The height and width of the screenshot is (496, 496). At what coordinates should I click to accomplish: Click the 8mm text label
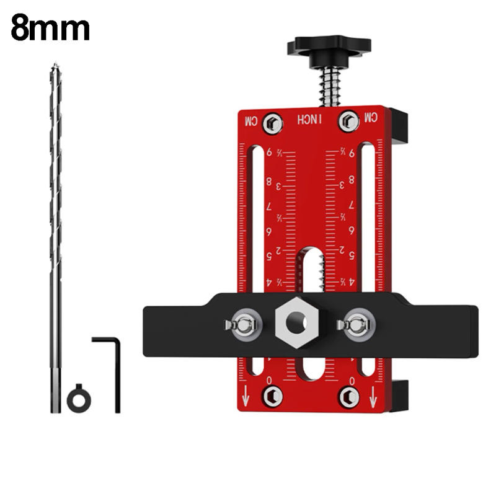tap(50, 29)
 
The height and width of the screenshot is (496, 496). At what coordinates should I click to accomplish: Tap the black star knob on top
tap(328, 47)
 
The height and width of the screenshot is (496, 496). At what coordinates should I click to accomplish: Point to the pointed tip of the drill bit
tap(55, 65)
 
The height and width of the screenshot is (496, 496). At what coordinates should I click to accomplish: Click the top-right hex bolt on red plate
tap(348, 121)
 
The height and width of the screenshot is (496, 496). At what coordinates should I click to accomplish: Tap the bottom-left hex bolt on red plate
tap(272, 396)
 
